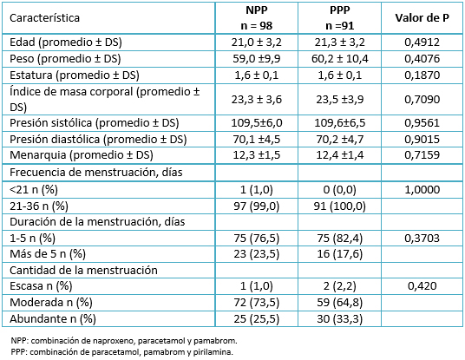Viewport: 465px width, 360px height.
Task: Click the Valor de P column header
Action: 422,18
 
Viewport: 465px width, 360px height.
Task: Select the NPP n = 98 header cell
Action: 257,18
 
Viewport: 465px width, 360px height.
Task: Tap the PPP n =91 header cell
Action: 339,18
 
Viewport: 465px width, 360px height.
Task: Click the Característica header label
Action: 44,18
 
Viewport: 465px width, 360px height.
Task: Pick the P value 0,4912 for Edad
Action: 422,43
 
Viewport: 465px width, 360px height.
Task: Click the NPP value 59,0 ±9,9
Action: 257,59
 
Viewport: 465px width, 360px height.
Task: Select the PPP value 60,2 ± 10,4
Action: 339,59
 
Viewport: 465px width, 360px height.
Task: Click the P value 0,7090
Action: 422,100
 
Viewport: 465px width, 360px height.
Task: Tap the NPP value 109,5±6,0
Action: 257,123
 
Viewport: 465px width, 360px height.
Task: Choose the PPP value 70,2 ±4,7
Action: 339,139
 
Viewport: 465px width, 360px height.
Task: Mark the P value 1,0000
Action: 422,189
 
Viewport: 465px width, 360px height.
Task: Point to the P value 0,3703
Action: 422,239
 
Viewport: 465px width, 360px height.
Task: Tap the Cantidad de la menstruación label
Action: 83,271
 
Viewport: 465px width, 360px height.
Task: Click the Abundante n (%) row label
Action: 53,319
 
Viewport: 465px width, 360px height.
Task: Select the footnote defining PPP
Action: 121,352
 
